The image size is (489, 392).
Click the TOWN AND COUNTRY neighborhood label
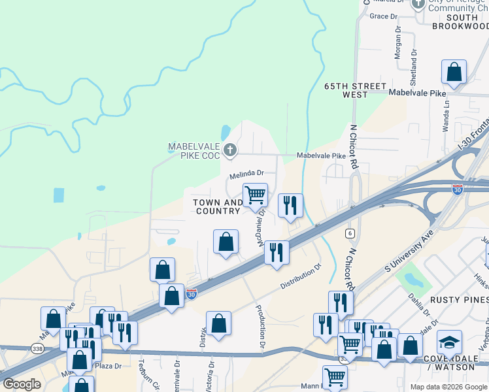(x=217, y=206)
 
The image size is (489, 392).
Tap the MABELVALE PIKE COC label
(x=194, y=151)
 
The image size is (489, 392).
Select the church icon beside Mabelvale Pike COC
(x=229, y=151)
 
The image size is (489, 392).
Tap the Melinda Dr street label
(x=246, y=174)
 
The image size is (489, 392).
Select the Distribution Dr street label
(x=301, y=276)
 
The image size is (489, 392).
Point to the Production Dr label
(x=260, y=326)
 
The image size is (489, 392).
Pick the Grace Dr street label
(x=383, y=16)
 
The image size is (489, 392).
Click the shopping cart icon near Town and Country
(x=255, y=193)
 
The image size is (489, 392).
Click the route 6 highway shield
(x=350, y=233)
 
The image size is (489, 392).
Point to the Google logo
(x=22, y=384)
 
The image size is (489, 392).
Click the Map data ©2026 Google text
(x=448, y=387)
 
